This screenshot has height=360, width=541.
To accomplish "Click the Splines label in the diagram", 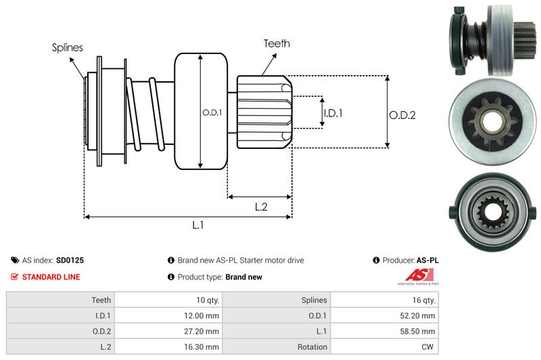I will tap(68, 48).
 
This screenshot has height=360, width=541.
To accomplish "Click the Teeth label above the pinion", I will tap(277, 43).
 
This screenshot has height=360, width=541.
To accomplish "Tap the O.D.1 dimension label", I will tap(212, 112).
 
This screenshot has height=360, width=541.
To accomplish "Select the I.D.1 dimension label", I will tap(333, 113).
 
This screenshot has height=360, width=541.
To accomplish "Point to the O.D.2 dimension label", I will tap(402, 115).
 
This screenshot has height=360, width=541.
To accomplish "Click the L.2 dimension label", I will tap(261, 207).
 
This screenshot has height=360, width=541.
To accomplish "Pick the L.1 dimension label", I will tap(198, 226).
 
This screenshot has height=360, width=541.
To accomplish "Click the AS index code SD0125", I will tap(70, 260).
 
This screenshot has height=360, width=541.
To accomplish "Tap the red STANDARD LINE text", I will tap(51, 277).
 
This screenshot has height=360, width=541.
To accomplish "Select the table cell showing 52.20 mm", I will tap(384, 315).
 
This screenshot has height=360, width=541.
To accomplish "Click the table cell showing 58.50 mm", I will tap(384, 331).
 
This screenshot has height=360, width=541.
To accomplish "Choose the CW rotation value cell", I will tap(384, 347).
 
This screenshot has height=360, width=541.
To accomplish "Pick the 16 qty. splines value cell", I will tap(384, 300).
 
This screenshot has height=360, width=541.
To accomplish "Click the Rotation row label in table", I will tap(277, 347).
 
